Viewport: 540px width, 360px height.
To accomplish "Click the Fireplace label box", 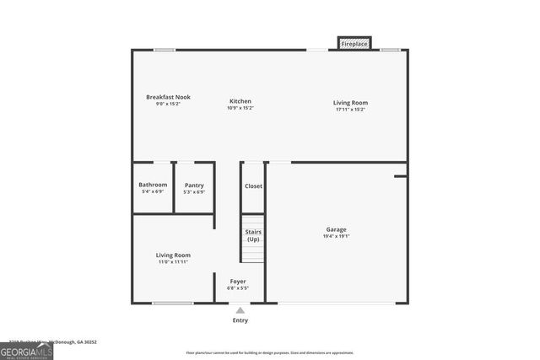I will point(354,43).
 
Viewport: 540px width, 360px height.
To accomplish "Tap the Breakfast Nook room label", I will point(168,97).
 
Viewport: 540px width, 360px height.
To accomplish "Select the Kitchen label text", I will point(240,101).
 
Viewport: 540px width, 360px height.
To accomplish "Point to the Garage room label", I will point(337,229).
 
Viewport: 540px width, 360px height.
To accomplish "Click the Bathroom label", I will point(153,185).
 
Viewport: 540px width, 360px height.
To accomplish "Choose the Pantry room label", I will point(194,185).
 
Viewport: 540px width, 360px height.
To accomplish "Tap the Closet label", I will point(253,185).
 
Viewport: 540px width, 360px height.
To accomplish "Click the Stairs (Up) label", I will point(253,234).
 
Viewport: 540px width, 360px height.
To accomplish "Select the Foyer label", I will point(238,282).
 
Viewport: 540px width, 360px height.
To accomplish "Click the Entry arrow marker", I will point(240,310).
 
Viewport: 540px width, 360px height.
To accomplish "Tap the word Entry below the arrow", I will point(240,320).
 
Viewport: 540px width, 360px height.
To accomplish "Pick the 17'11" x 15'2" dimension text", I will point(350,109).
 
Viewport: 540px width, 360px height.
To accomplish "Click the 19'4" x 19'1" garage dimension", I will point(337,236).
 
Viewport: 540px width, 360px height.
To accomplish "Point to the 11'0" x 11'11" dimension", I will point(173,262).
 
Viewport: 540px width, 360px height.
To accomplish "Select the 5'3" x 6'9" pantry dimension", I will point(194,192).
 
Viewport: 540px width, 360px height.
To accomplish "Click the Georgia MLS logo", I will point(26,349).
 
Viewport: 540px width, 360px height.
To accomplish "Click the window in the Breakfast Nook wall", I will point(165,50).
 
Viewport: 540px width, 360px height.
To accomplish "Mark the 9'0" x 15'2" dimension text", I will point(168,104).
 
